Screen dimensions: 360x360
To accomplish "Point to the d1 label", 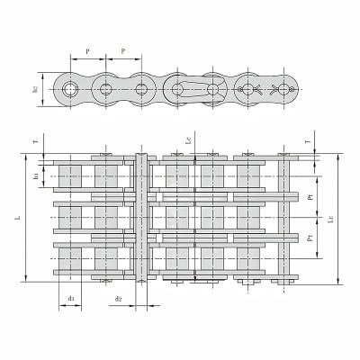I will click(x=70, y=298).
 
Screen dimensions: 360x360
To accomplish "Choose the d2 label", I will click(x=119, y=298).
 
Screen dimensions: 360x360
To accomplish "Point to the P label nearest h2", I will click(x=87, y=52).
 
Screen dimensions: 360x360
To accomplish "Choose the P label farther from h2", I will click(x=122, y=52).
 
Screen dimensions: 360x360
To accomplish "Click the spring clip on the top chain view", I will click(x=193, y=89).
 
